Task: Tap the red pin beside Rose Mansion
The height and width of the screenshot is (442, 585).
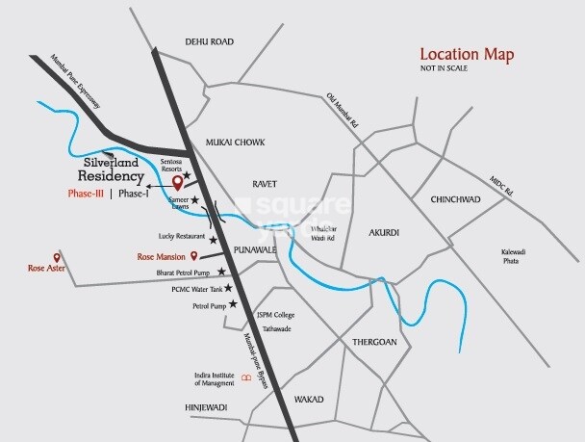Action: point(195,256)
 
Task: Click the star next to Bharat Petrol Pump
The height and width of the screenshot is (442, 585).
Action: point(222,272)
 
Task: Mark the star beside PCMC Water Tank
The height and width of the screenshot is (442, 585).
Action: point(229,288)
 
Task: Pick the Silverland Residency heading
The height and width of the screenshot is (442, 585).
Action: point(111,170)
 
